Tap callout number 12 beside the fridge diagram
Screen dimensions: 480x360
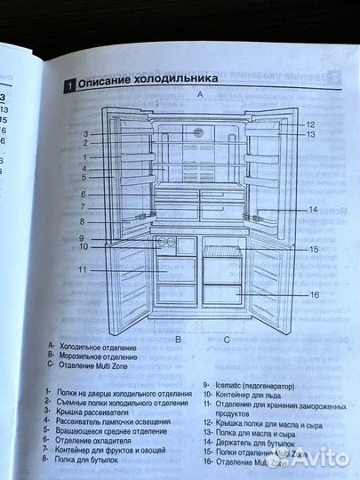(310, 124)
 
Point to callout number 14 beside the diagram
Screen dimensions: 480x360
(313, 209)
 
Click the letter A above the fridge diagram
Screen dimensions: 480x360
(200, 93)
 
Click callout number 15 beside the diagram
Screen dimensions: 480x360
(314, 250)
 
